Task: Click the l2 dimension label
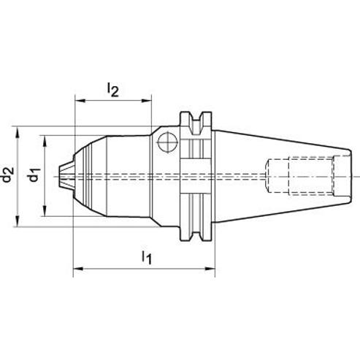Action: point(113,90)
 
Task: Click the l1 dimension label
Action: point(147,258)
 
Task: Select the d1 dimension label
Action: point(34,175)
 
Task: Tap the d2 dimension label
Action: point(7,175)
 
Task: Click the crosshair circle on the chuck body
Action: point(167,142)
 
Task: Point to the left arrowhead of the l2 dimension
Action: point(80,101)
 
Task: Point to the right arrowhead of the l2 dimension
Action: point(146,101)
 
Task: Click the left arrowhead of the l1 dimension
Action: point(78,269)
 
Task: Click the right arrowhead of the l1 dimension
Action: point(210,269)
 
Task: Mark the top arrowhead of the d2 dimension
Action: point(17,131)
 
